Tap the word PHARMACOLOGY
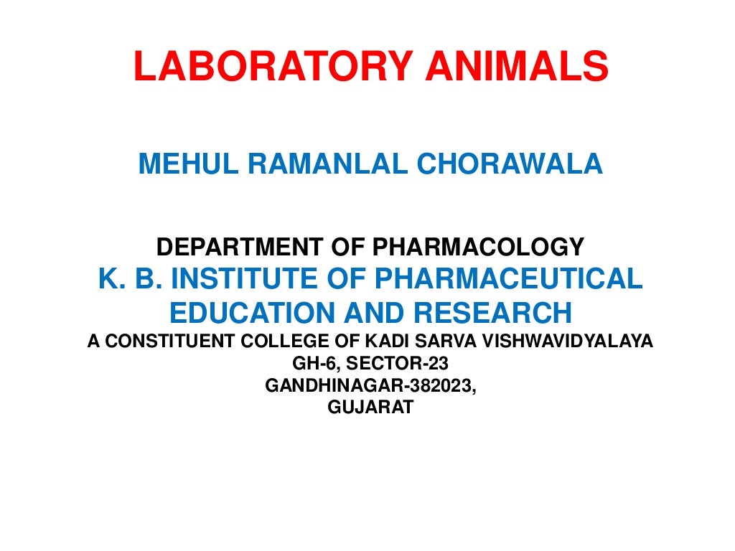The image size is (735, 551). (477, 248)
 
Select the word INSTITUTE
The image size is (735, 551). (256, 279)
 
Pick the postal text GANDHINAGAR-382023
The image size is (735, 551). (370, 386)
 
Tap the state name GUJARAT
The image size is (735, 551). (370, 408)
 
